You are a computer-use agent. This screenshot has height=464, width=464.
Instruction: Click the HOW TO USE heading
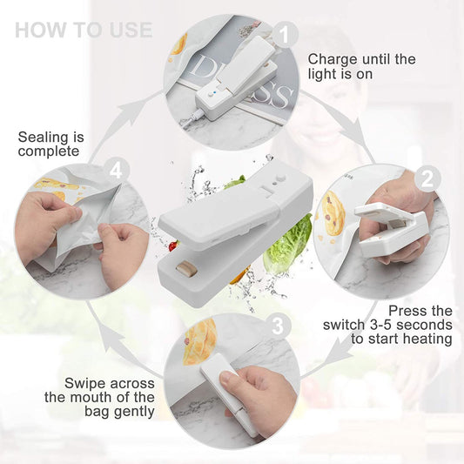tap(83, 30)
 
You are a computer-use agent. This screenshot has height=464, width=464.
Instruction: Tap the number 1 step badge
tap(281, 36)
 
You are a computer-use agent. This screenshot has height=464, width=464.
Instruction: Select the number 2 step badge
tap(426, 179)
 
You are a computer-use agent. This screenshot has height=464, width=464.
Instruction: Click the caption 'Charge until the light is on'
tap(361, 66)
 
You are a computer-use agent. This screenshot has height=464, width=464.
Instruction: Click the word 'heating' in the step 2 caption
tap(424, 339)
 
